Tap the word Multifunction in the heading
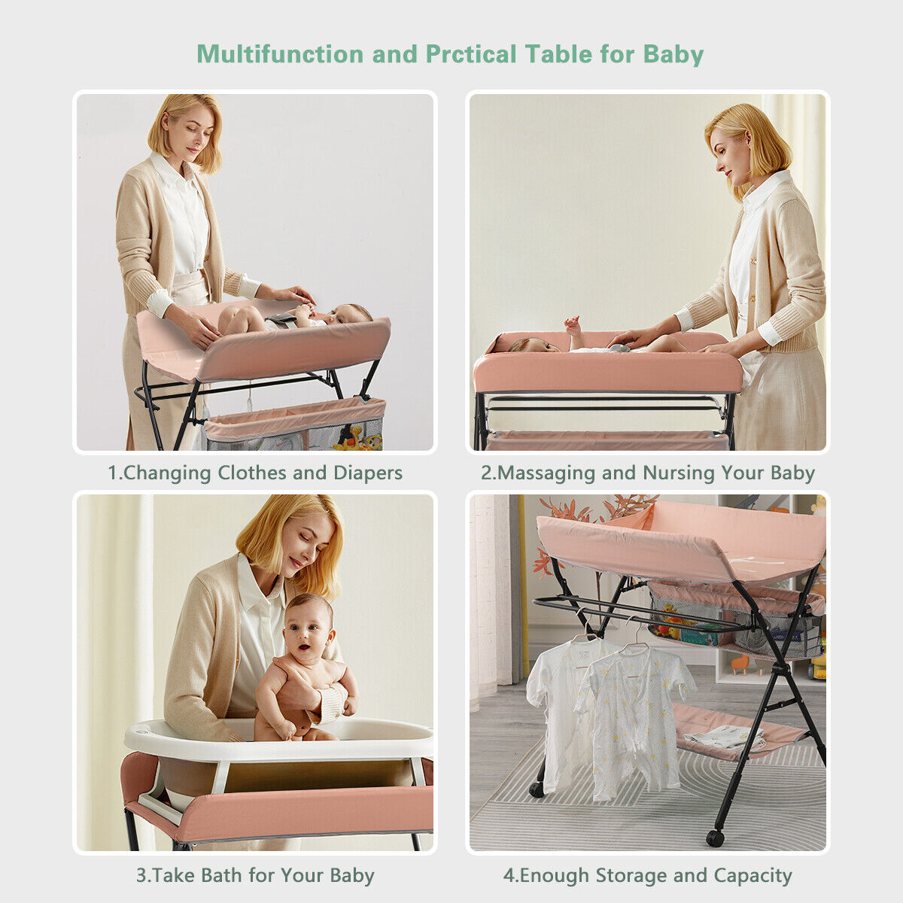[x=280, y=54]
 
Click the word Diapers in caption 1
[x=368, y=473]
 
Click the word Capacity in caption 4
[x=752, y=877]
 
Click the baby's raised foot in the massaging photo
[x=573, y=323]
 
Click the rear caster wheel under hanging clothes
[x=536, y=789]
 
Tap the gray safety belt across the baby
[x=281, y=321]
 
